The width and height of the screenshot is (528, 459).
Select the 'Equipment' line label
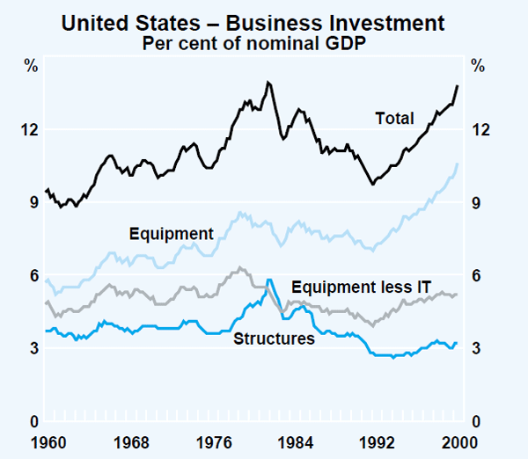(171, 234)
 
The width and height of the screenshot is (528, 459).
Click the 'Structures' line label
(274, 338)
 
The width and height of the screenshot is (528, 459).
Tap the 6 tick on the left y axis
(33, 276)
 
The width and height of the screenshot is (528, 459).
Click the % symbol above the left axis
(32, 65)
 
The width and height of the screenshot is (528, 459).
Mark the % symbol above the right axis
(478, 65)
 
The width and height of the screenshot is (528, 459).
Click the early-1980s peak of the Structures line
(269, 280)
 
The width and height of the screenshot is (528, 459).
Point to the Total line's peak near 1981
(268, 82)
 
